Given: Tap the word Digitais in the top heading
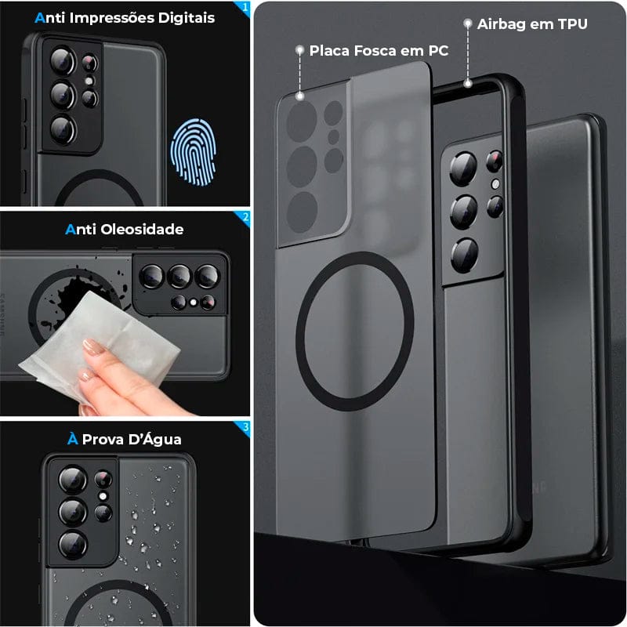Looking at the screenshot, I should click(184, 17).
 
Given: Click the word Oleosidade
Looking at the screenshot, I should click(141, 230).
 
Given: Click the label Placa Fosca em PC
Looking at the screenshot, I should click(379, 50).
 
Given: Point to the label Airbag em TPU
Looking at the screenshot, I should click(532, 24).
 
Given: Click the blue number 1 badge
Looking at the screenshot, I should click(245, 8).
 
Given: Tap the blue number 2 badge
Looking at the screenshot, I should click(245, 218).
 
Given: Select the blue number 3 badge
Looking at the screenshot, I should click(245, 427).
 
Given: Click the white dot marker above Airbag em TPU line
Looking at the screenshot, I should click(468, 24).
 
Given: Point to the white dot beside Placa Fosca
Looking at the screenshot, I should click(299, 50).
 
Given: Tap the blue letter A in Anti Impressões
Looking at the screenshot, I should click(39, 17).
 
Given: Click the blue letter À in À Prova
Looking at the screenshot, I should click(73, 440).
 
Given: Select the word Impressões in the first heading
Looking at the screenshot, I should click(114, 17).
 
